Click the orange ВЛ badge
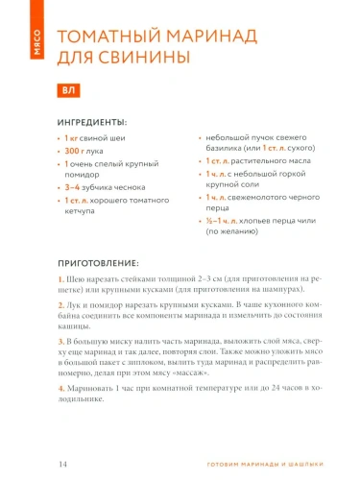[67, 91]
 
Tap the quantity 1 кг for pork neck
[71, 139]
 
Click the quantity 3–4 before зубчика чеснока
[74, 187]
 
